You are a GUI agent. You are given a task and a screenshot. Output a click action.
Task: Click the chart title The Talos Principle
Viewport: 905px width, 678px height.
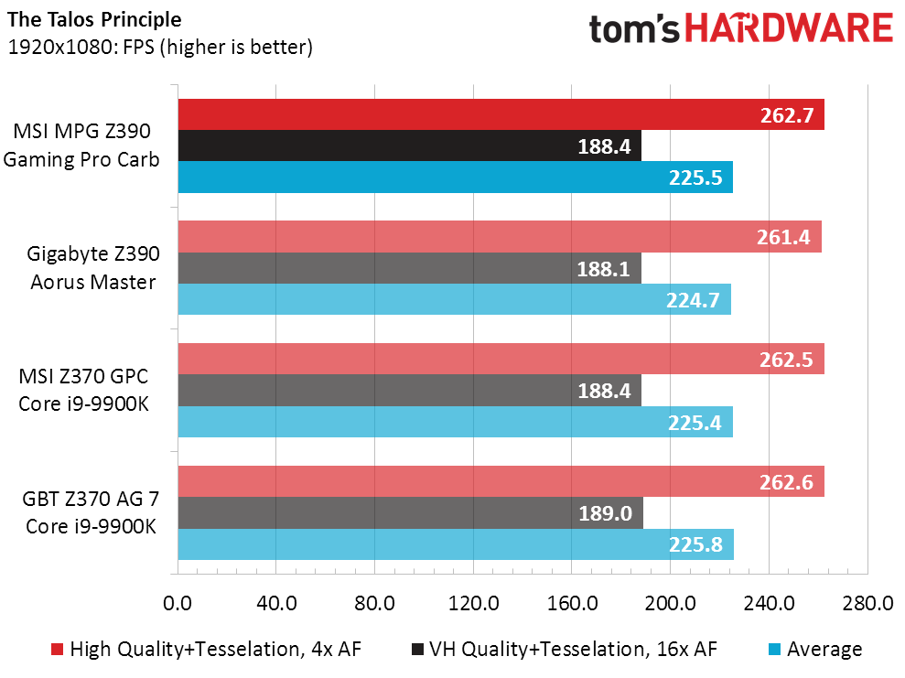pos(94,19)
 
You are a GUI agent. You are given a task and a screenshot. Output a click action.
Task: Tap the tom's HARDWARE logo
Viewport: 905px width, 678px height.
pos(741,29)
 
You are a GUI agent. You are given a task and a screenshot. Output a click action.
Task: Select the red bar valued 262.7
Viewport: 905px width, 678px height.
pos(501,114)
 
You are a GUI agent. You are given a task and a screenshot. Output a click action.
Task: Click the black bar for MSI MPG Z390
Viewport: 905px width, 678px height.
pos(410,145)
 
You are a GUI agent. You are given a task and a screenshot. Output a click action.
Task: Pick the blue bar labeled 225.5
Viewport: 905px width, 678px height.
pos(456,177)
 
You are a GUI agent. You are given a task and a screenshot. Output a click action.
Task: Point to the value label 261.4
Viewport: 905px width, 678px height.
pos(783,237)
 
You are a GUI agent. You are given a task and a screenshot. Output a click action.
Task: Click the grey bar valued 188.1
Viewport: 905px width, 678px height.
pos(410,268)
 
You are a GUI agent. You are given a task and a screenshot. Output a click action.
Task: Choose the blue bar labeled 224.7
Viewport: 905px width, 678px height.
pos(454,299)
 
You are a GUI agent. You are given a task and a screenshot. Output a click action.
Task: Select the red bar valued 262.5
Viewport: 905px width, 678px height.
pos(501,359)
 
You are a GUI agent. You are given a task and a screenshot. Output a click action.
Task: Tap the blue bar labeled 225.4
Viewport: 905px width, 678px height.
pos(456,422)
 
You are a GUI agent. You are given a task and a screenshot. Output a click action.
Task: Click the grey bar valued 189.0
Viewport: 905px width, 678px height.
pos(410,512)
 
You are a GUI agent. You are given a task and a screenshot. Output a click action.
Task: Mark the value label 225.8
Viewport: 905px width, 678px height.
pos(695,544)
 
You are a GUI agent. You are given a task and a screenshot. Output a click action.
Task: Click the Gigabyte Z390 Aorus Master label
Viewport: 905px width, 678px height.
pos(93,268)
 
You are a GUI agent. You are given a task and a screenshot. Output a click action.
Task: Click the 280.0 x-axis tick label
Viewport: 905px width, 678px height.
pos(867,603)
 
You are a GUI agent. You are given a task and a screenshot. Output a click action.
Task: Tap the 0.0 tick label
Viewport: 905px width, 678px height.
pos(178,603)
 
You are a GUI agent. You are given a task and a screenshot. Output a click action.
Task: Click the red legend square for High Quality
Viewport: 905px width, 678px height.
pos(57,649)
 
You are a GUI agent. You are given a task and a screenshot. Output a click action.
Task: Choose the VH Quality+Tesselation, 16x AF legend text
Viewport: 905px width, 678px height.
pos(573,649)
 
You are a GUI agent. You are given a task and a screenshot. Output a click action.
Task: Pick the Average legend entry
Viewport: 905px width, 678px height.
pos(815,649)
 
